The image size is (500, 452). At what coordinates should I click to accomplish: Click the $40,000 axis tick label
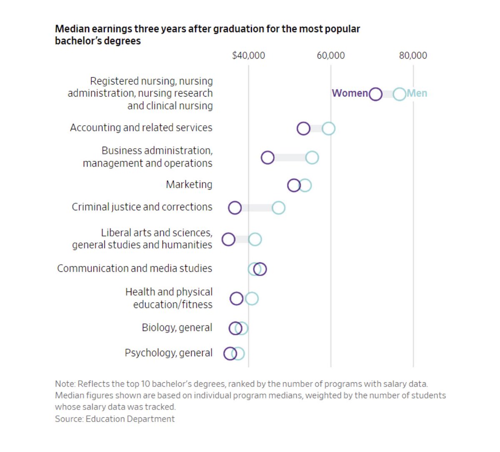[x=248, y=55]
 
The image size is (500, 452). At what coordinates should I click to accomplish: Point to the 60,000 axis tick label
[x=330, y=55]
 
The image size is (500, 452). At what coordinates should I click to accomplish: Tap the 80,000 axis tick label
[x=413, y=55]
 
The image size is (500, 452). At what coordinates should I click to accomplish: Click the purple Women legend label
[x=350, y=93]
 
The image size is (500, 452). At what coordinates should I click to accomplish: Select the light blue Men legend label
[x=417, y=93]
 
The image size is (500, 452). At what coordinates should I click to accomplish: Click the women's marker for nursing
[x=375, y=94]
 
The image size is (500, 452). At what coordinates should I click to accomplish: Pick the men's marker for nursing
[x=400, y=94]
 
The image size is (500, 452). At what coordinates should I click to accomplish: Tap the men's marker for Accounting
[x=328, y=129]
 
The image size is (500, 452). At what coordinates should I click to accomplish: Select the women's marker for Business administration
[x=267, y=157]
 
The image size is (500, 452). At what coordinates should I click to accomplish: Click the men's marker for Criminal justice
[x=278, y=207]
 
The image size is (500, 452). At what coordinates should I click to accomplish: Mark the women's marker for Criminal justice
[x=235, y=207]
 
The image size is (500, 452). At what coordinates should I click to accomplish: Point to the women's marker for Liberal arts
[x=228, y=239]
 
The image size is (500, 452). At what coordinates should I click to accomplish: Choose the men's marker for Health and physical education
[x=252, y=298]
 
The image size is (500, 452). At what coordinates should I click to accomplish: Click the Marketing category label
[x=189, y=184]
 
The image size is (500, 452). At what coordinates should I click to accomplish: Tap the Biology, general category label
[x=177, y=327]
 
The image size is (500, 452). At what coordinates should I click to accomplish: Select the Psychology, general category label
[x=168, y=353]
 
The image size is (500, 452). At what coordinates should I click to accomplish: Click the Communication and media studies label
[x=134, y=268]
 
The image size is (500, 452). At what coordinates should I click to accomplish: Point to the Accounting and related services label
[x=141, y=127]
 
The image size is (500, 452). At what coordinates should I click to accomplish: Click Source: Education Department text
[x=115, y=419]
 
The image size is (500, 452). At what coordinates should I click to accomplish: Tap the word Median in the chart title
[x=72, y=29]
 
